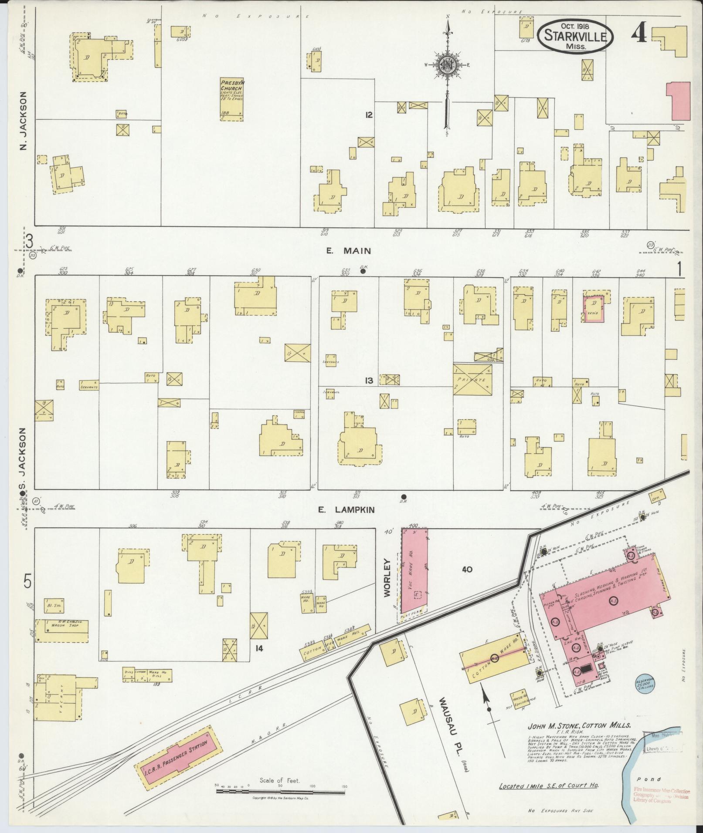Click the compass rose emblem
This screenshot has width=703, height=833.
(447, 65)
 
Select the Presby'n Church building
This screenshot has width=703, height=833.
(231, 99)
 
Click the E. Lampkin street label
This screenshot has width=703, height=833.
(346, 509)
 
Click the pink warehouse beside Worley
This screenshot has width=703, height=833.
(414, 573)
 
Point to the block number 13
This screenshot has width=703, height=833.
(369, 381)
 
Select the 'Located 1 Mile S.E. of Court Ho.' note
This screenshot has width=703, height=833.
(549, 786)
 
